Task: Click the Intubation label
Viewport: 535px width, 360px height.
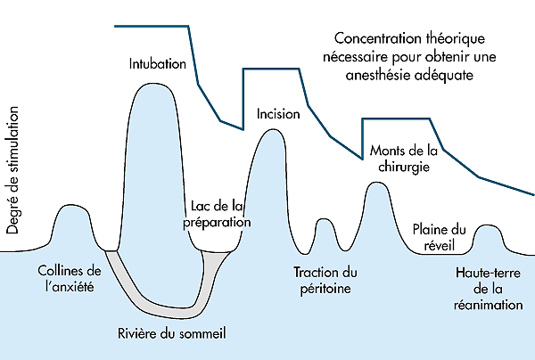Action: click(x=157, y=64)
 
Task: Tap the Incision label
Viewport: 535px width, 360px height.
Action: click(x=271, y=114)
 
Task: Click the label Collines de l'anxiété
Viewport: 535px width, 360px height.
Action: click(x=68, y=278)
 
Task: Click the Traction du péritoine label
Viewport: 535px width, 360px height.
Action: click(x=325, y=280)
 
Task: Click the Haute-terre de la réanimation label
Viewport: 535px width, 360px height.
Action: click(x=487, y=289)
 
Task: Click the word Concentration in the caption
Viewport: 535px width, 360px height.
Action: click(x=372, y=40)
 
